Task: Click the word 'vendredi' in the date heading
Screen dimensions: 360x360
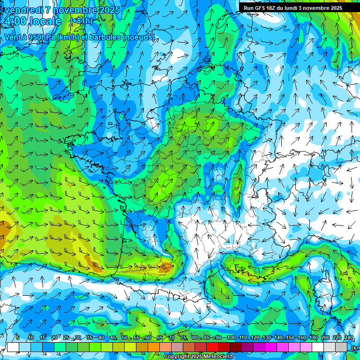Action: click(23, 10)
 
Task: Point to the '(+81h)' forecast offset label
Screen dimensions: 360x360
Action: click(82, 21)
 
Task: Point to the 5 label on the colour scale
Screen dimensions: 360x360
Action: click(17, 338)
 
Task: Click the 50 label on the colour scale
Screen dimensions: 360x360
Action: click(124, 338)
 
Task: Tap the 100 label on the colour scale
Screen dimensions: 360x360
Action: click(231, 338)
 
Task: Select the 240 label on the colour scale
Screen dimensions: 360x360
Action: click(349, 338)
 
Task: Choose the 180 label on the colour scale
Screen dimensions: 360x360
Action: click(313, 338)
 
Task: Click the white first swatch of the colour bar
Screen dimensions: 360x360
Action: click(13, 347)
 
